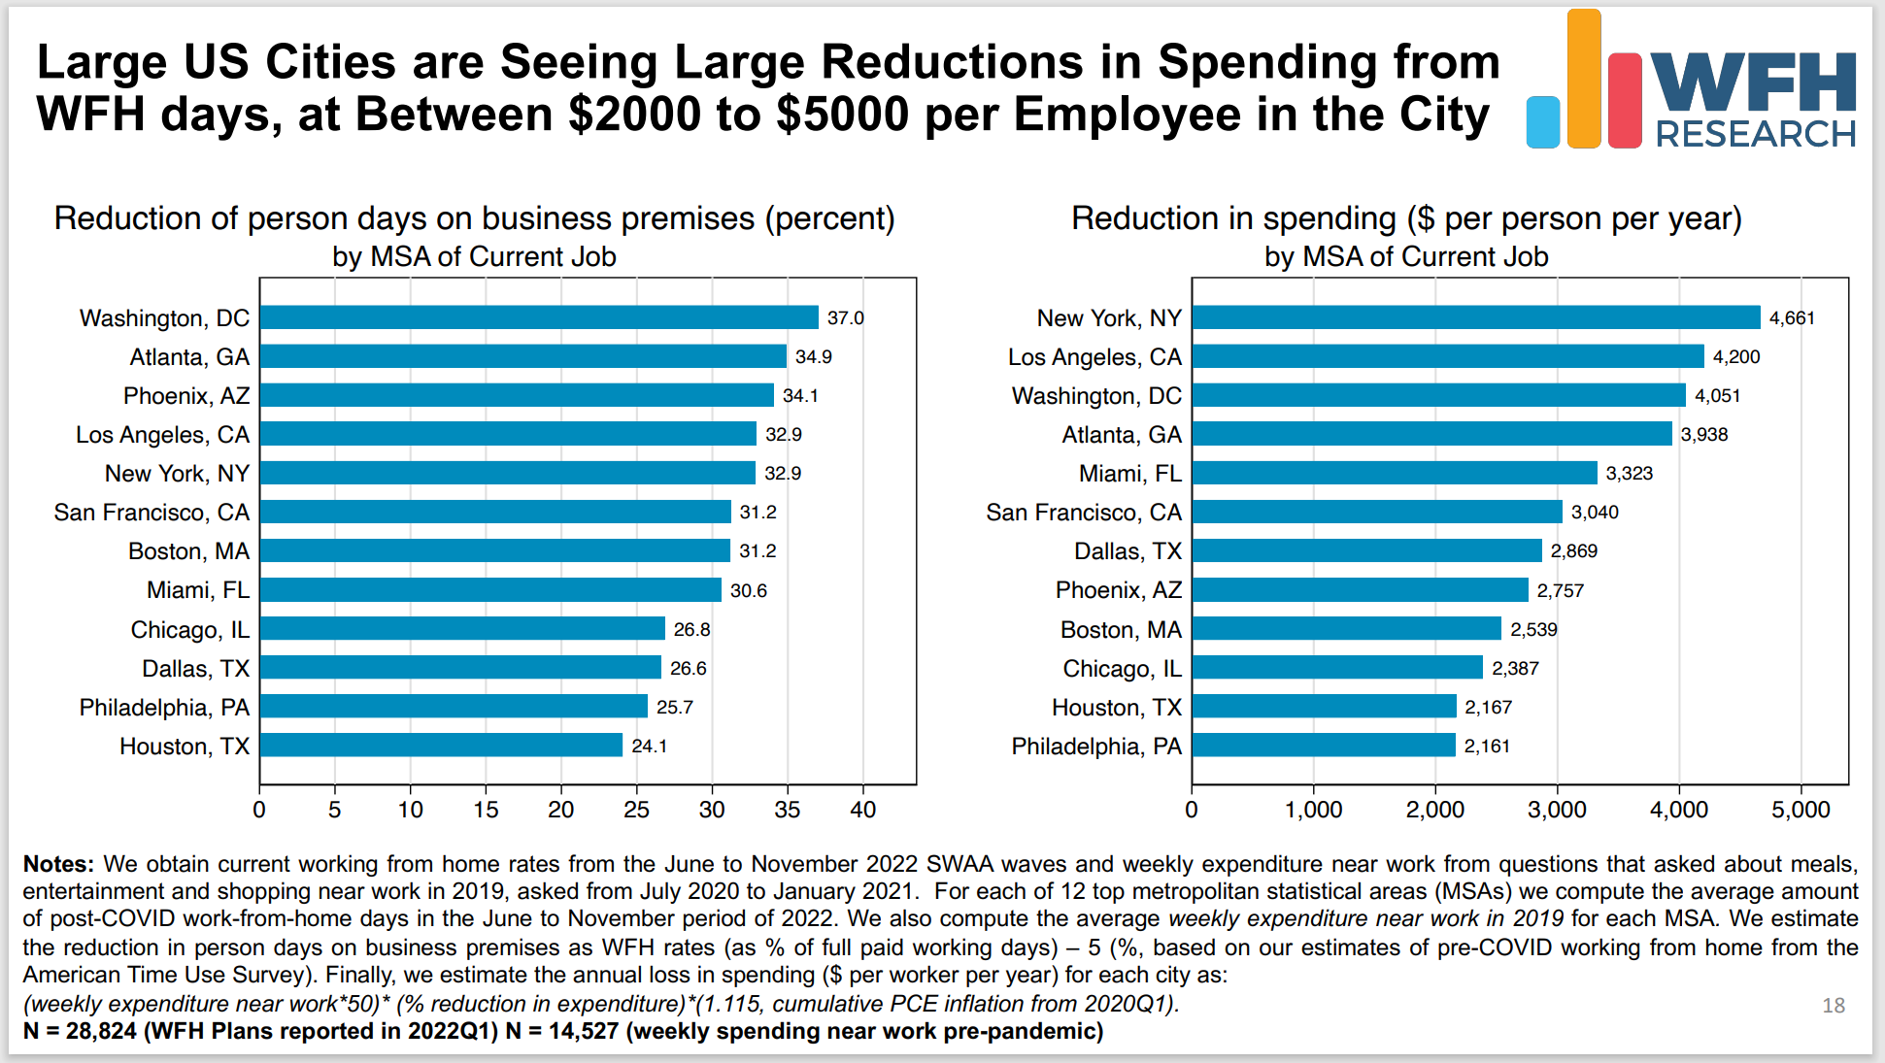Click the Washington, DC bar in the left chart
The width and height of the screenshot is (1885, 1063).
click(x=539, y=317)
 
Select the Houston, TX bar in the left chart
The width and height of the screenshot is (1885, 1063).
click(x=441, y=745)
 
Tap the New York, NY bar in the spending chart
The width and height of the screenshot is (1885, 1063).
click(x=1476, y=317)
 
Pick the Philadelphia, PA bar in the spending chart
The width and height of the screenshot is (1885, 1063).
click(x=1324, y=745)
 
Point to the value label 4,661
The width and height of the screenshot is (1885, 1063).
click(x=1792, y=318)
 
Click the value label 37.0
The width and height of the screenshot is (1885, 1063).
click(x=845, y=318)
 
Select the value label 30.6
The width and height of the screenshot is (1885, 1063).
click(x=749, y=590)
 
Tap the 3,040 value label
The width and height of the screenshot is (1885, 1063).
click(x=1595, y=513)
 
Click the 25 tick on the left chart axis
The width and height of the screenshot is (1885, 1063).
click(x=636, y=810)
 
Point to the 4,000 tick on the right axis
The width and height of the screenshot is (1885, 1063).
click(x=1679, y=810)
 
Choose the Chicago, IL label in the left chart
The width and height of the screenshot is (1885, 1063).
click(x=190, y=630)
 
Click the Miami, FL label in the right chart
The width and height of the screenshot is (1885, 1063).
click(x=1130, y=474)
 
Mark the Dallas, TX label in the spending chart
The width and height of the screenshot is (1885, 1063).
click(x=1128, y=551)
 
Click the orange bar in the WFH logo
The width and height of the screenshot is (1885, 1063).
click(x=1583, y=79)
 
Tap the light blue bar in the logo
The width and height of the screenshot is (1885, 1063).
click(x=1542, y=122)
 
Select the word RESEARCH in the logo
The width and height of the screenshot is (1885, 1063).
click(x=1756, y=134)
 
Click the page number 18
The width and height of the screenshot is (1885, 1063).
click(x=1834, y=1006)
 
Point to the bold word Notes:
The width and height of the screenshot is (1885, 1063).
click(x=58, y=864)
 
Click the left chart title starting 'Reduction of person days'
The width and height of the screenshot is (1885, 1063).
click(x=474, y=218)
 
